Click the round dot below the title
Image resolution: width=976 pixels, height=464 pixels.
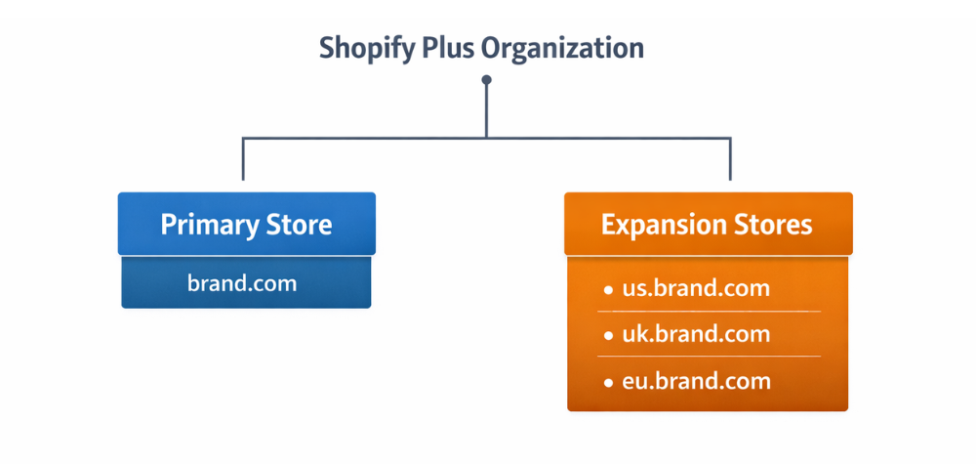pyautogui.click(x=487, y=80)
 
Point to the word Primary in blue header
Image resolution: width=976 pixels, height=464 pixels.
pyautogui.click(x=201, y=226)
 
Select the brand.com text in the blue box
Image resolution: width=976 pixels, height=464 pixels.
pyautogui.click(x=242, y=283)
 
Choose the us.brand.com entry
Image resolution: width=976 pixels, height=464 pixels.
pyautogui.click(x=695, y=289)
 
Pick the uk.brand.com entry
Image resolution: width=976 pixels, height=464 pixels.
pyautogui.click(x=695, y=334)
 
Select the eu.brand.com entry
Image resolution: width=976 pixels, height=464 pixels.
pyautogui.click(x=695, y=381)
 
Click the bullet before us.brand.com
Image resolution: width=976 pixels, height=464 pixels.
pyautogui.click(x=608, y=290)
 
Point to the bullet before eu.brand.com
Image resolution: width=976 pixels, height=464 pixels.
pyautogui.click(x=608, y=382)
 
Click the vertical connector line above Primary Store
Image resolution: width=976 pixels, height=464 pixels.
pyautogui.click(x=243, y=161)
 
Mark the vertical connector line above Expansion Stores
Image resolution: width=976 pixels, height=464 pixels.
pyautogui.click(x=730, y=161)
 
